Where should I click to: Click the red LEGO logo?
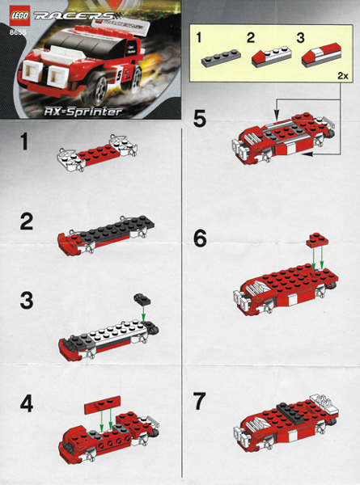(20, 16)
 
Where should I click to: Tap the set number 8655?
(18, 32)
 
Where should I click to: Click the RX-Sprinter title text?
(83, 112)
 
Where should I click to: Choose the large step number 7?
(199, 401)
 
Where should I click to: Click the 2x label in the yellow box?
(343, 75)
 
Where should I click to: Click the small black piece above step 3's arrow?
(142, 298)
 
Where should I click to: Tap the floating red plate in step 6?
(318, 240)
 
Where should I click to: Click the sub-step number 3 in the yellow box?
(300, 38)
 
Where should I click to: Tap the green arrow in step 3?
(143, 314)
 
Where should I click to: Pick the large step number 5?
(200, 119)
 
